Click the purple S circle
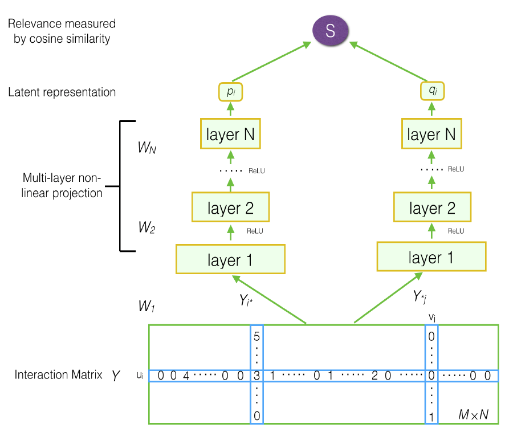pyautogui.click(x=330, y=31)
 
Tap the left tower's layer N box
pyautogui.click(x=230, y=135)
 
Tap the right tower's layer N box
pyautogui.click(x=431, y=135)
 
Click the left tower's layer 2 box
pyautogui.click(x=230, y=208)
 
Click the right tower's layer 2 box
pyautogui.click(x=431, y=208)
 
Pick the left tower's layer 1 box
pyautogui.click(x=230, y=260)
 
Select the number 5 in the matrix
pyautogui.click(x=256, y=336)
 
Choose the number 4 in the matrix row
pyautogui.click(x=186, y=376)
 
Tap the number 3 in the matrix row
pyautogui.click(x=256, y=376)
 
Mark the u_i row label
pyautogui.click(x=140, y=376)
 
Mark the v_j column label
pyautogui.click(x=432, y=316)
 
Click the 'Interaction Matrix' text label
pyautogui.click(x=59, y=375)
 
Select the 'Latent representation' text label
pyautogui.click(x=62, y=92)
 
